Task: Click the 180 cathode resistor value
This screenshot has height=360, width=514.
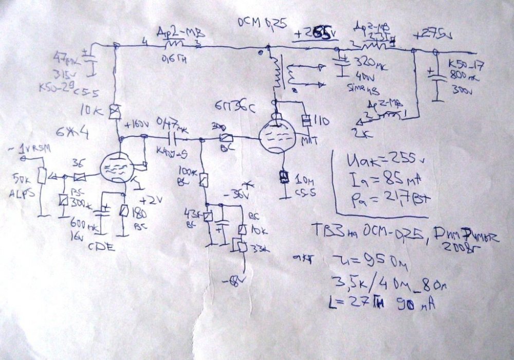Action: tap(139, 213)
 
